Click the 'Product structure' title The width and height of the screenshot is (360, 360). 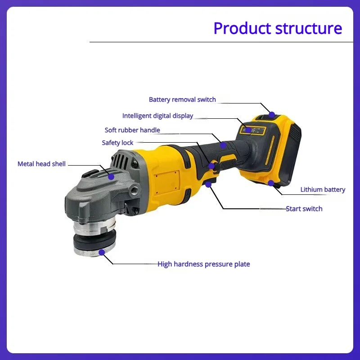(x=278, y=28)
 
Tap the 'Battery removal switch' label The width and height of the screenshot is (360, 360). (x=182, y=99)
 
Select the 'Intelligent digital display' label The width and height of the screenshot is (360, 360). (x=157, y=116)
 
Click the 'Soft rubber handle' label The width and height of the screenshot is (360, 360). (x=132, y=130)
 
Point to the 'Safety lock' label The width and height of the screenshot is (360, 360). (x=117, y=143)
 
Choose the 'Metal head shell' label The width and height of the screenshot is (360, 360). (x=41, y=164)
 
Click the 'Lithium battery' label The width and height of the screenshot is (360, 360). (x=323, y=189)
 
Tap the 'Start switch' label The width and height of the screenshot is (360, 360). (x=304, y=208)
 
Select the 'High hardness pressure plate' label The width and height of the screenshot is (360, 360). (x=203, y=264)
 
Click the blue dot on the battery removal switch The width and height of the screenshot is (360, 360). (x=272, y=114)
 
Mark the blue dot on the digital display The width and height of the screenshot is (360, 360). (x=248, y=130)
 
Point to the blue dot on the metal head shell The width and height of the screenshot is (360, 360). (x=111, y=176)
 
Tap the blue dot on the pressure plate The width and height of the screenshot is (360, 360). (x=102, y=253)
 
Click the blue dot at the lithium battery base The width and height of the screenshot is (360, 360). (x=271, y=183)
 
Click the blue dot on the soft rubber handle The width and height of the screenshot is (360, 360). (x=223, y=145)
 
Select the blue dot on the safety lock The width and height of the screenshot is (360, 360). (x=211, y=166)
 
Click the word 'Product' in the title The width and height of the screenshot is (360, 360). (x=242, y=28)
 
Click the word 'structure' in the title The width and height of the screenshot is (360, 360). (x=309, y=28)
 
